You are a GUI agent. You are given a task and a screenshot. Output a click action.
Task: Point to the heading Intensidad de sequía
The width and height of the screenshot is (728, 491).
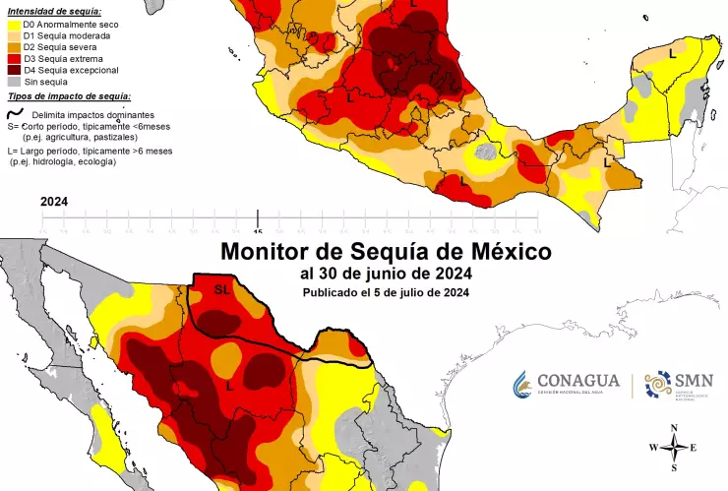coord(49,10)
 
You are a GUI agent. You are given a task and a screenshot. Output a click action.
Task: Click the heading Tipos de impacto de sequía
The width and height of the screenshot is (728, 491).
coord(69,96)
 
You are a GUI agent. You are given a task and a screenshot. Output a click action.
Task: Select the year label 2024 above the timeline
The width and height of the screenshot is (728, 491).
coord(54,200)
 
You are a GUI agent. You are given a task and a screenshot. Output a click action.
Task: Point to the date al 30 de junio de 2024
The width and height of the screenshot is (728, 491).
coord(387,274)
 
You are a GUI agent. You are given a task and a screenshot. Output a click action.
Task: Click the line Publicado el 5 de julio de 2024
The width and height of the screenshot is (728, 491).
coord(385,292)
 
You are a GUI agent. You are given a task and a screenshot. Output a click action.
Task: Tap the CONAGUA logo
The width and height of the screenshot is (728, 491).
coord(566,384)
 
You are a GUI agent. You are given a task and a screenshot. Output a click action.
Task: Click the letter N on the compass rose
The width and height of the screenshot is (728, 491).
coord(673,428)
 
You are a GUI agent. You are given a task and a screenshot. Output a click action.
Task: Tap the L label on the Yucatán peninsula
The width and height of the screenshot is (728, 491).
coord(672,53)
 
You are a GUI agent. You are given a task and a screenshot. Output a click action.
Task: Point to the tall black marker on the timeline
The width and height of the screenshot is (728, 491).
coord(258,217)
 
